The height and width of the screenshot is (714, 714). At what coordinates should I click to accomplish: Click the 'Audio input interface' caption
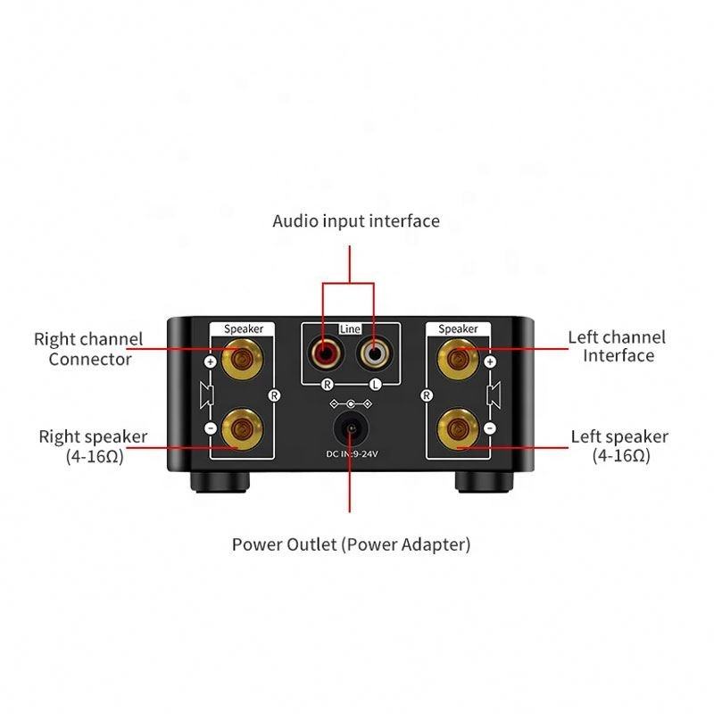[356, 220]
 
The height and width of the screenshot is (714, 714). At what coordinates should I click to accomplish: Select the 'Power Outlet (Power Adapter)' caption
[351, 544]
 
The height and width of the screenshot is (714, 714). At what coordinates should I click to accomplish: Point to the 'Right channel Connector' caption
[88, 349]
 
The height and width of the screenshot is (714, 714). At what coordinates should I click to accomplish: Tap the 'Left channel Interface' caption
[618, 346]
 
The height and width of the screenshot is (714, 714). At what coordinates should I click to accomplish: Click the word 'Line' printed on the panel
[350, 329]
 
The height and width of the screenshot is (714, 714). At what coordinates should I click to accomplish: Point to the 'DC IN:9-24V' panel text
[350, 454]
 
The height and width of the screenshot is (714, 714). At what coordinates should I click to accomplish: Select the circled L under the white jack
[375, 384]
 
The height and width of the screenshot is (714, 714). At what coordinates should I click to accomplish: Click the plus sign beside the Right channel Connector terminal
[211, 362]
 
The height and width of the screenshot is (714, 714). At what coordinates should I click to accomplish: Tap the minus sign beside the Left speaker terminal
[489, 429]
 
